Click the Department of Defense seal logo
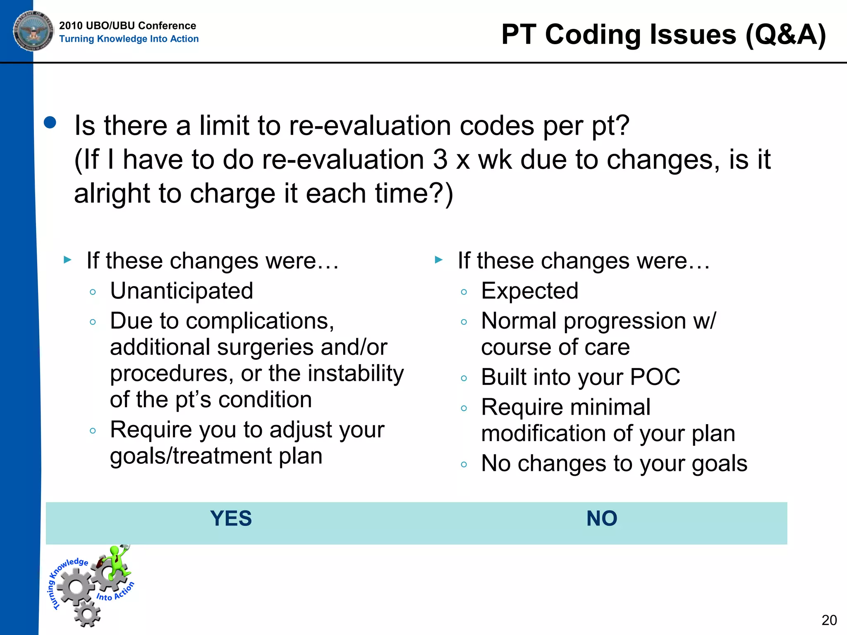tap(33, 31)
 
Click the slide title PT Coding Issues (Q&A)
tap(663, 35)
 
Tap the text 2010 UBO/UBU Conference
tap(127, 26)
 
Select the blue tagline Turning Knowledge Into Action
tap(129, 39)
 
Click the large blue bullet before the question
tap(50, 123)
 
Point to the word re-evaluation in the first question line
tap(370, 126)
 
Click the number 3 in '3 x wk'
tap(440, 160)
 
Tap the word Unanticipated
tap(182, 291)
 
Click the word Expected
tap(529, 291)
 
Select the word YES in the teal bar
tap(231, 518)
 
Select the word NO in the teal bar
tap(602, 518)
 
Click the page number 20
tap(829, 620)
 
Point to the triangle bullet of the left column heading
tap(68, 260)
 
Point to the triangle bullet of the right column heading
tap(439, 260)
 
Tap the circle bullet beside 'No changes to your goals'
tap(464, 465)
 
